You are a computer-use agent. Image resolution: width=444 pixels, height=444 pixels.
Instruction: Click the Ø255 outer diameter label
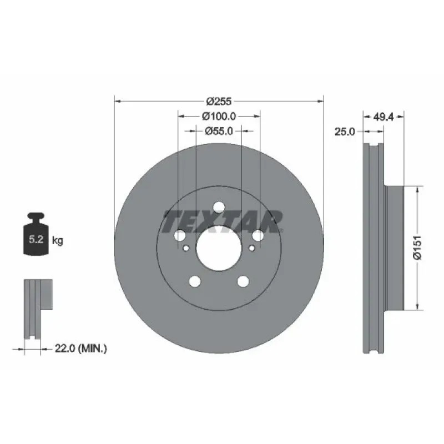219,102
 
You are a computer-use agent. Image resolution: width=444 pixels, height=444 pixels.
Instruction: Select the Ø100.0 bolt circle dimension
219,116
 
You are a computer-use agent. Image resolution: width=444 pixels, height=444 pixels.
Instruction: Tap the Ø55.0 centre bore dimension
219,131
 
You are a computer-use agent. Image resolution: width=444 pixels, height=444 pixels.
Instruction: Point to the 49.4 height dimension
384,117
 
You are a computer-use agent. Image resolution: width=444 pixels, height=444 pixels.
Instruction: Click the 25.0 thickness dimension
345,132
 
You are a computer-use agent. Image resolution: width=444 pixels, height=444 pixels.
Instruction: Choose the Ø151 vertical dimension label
417,247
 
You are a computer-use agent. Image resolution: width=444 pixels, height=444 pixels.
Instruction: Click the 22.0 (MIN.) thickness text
80,349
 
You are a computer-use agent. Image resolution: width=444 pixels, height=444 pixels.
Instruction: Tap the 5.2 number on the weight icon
36,239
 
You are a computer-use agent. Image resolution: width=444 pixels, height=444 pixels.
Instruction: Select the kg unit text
58,241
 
